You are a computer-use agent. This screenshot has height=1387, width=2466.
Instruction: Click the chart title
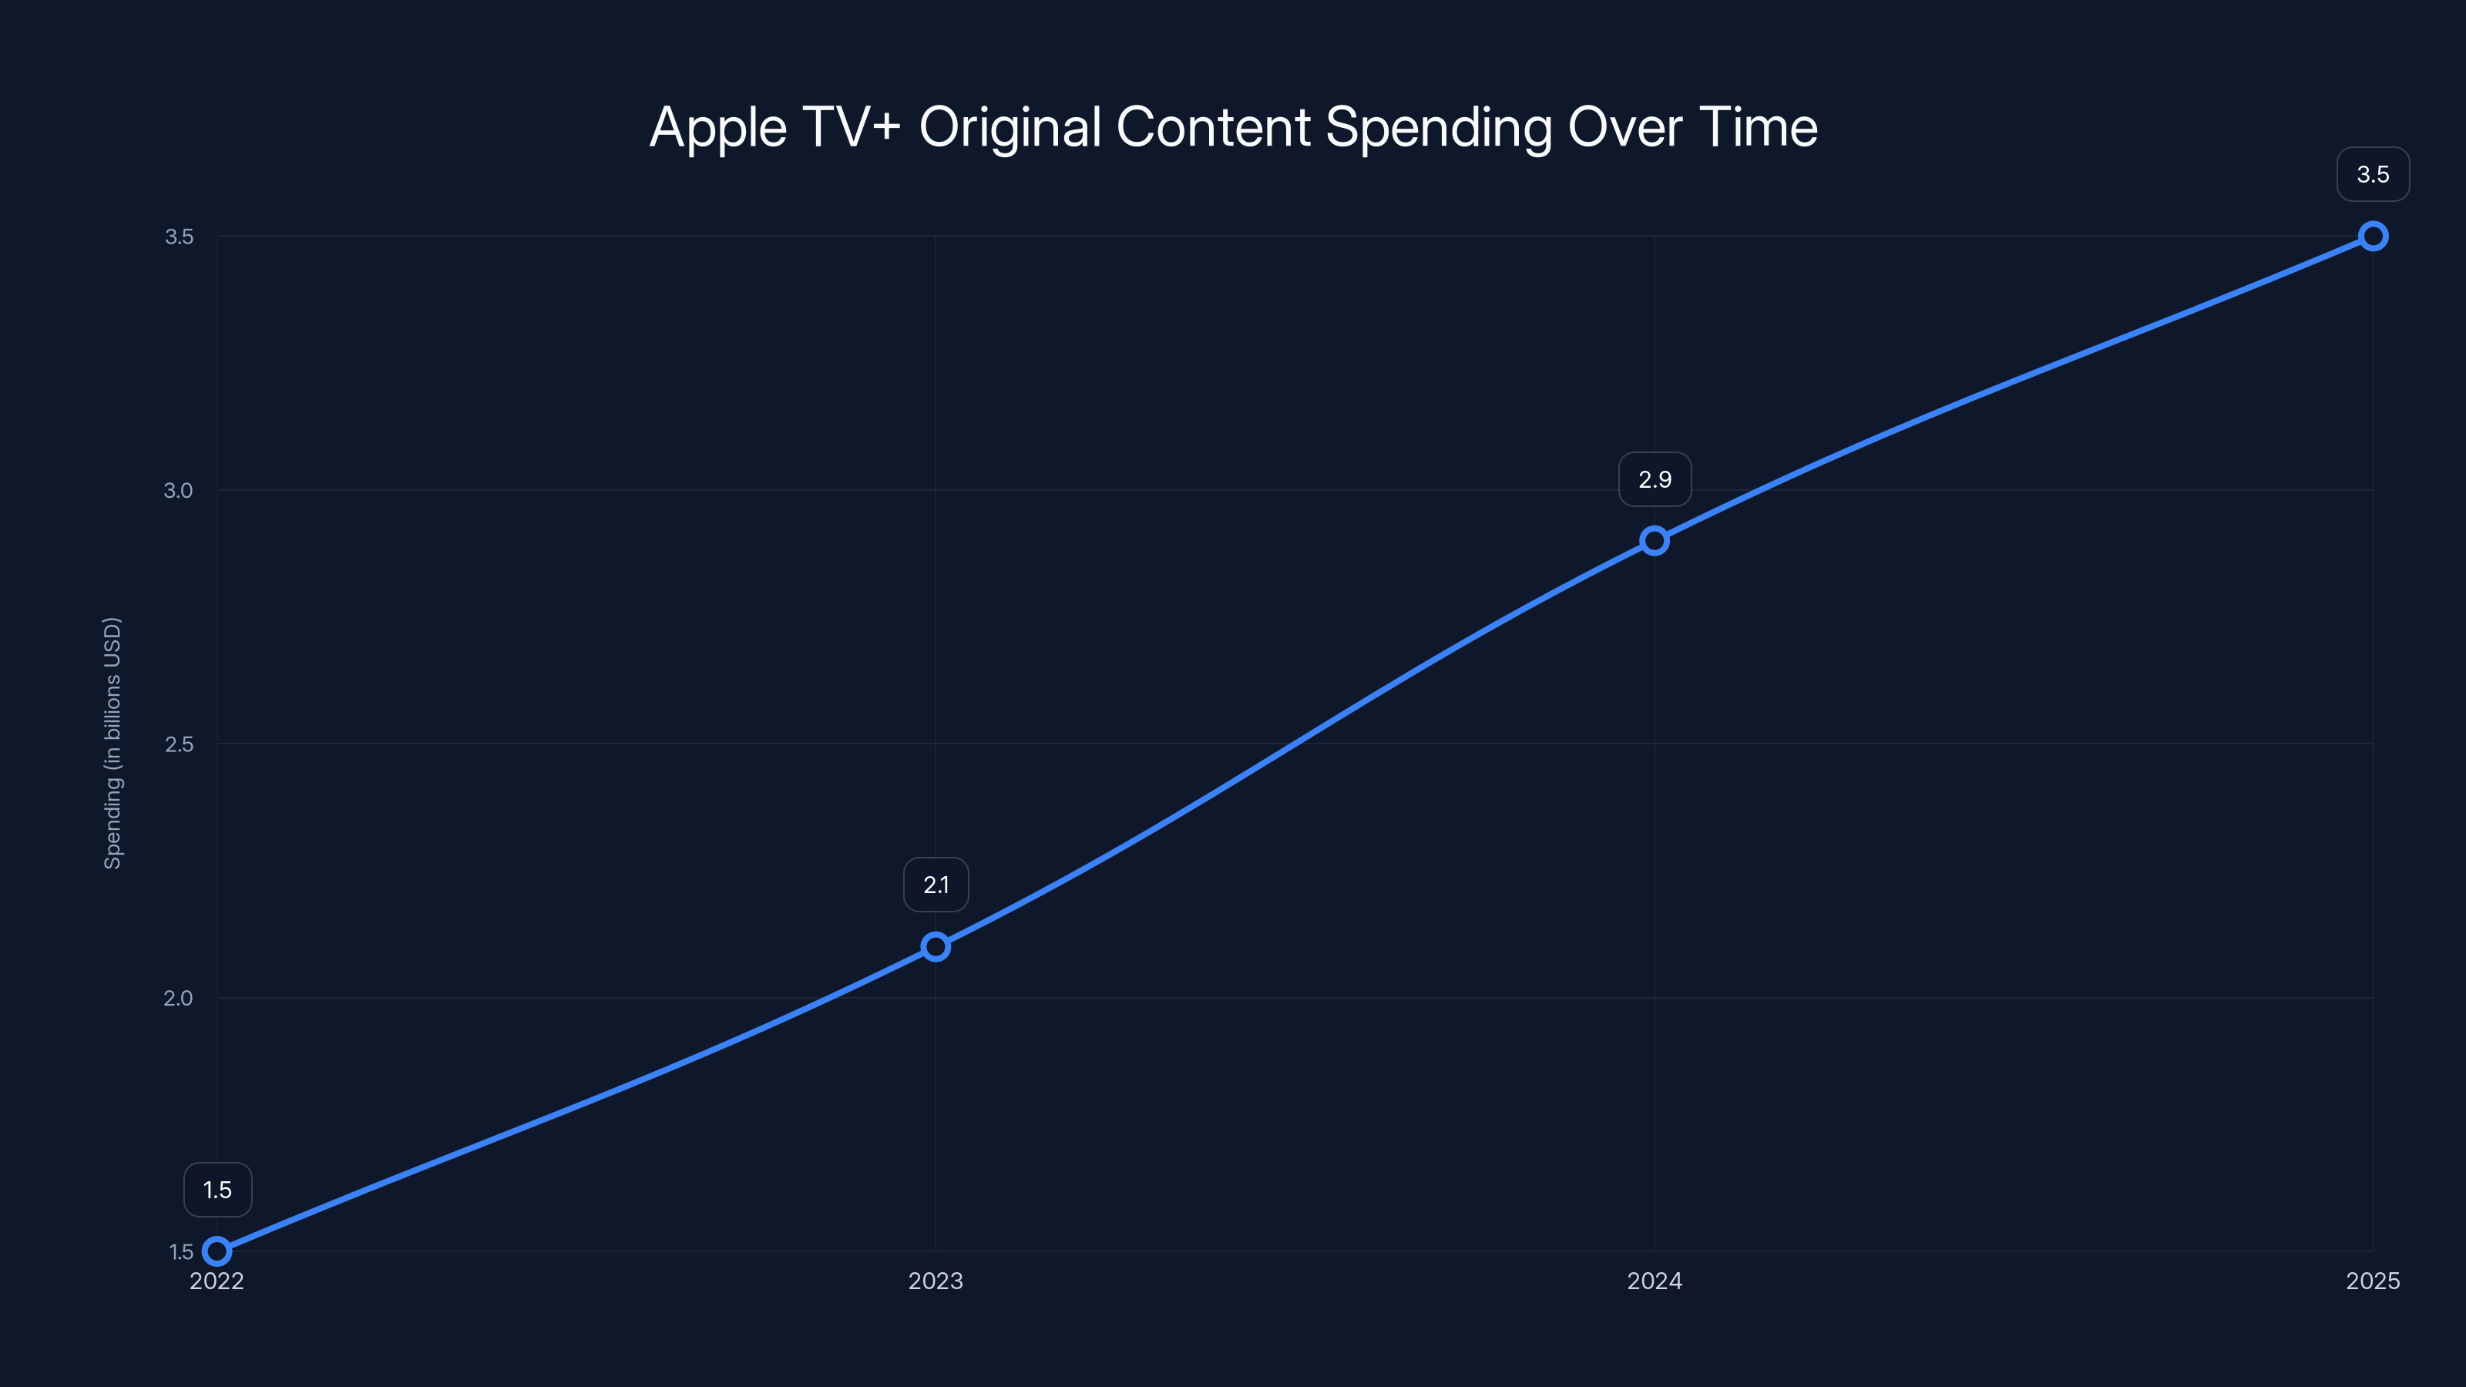pos(1233,127)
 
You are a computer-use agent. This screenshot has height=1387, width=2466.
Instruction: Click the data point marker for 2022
pos(217,1251)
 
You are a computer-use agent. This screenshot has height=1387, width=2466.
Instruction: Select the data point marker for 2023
pos(936,947)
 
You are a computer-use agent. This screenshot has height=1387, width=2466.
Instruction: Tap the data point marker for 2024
pos(1655,541)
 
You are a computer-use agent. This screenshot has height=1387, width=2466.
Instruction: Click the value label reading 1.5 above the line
pos(217,1190)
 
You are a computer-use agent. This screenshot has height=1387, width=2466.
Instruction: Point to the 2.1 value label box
pos(936,885)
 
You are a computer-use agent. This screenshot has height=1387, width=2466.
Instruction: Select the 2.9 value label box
pos(1655,479)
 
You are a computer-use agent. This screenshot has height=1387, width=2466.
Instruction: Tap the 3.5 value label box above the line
pos(2372,174)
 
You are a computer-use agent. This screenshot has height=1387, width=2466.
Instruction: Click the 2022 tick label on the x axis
pos(217,1281)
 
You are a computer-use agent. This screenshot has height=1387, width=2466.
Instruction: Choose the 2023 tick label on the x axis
pos(936,1281)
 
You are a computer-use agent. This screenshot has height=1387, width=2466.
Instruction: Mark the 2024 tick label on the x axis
pos(1655,1281)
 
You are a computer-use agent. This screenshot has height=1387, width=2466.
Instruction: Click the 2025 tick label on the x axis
pos(2372,1281)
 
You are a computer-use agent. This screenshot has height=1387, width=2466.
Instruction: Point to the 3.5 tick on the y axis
pos(179,237)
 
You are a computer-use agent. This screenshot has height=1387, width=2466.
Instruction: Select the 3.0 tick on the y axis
pos(178,490)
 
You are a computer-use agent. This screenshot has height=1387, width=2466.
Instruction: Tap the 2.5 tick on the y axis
pos(179,744)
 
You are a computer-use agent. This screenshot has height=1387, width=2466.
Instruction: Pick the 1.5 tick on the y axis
pos(182,1252)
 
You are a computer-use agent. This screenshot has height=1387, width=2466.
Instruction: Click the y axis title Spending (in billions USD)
pos(113,743)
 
